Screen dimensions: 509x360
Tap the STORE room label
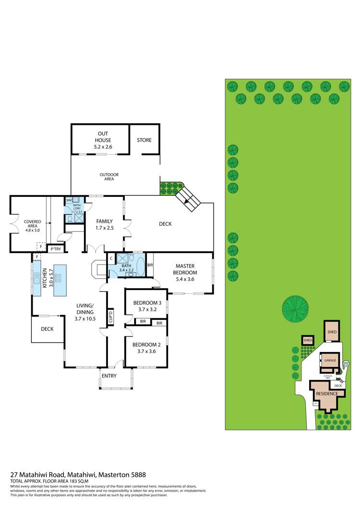[144, 140]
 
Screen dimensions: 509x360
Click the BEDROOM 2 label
[145, 348]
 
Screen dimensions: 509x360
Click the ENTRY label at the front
[109, 376]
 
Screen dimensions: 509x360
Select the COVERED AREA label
[33, 225]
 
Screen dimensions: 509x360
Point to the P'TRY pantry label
[56, 249]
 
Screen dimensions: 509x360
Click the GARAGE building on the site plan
[330, 360]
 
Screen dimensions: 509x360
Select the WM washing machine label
[69, 200]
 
